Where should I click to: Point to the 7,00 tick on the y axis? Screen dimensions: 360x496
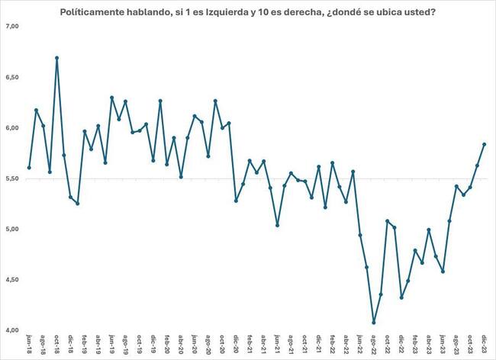coord(12,27)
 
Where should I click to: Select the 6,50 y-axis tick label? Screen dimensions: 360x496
coord(12,77)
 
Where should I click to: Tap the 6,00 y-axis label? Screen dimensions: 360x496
coord(12,128)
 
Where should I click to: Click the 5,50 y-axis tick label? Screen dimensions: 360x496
coord(12,178)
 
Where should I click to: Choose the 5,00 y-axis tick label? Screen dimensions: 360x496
coord(12,229)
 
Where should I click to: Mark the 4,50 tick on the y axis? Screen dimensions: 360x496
coord(12,280)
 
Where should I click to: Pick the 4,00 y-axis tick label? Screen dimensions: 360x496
coord(12,330)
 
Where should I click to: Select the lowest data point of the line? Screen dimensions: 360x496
coord(374,322)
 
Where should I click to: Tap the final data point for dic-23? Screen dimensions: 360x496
coord(485,144)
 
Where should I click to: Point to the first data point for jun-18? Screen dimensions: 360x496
coord(29,168)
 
